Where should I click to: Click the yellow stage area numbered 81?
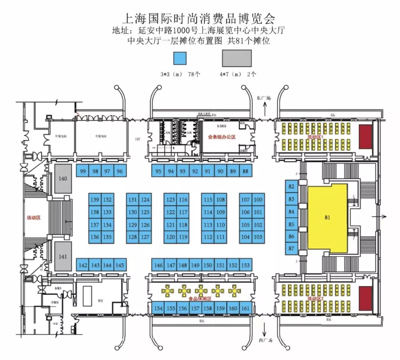pyautogui.click(x=327, y=218)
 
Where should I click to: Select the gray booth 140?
pyautogui.click(x=63, y=178)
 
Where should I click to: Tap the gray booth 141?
pyautogui.click(x=63, y=256)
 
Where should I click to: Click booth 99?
pyautogui.click(x=82, y=171)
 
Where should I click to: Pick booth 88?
pyautogui.click(x=245, y=171)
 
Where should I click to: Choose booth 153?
pyautogui.click(x=245, y=265)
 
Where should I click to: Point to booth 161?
pyautogui.click(x=245, y=308)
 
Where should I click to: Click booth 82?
pyautogui.click(x=291, y=186)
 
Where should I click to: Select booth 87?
pyautogui.click(x=291, y=248)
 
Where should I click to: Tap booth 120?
pyautogui.click(x=170, y=237)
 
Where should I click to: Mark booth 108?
pyautogui.click(x=220, y=199)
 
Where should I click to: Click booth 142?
pyautogui.click(x=82, y=265)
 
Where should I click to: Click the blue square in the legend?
pyautogui.click(x=180, y=58)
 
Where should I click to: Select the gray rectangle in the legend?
pyautogui.click(x=237, y=58)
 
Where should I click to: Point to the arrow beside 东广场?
pyautogui.click(x=265, y=110)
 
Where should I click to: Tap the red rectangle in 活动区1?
pyautogui.click(x=365, y=137)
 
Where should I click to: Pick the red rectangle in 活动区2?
pyautogui.click(x=365, y=298)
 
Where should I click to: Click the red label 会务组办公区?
pyautogui.click(x=222, y=137)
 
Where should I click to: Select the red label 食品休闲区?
pyautogui.click(x=200, y=299)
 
